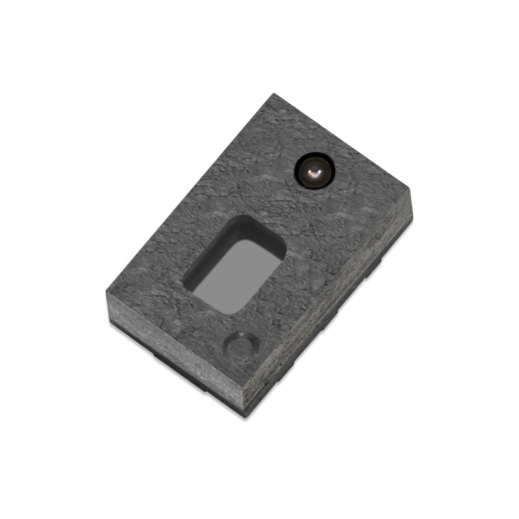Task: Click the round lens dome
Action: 313,171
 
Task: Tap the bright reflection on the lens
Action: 314,173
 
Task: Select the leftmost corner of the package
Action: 106,294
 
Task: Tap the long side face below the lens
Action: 337,305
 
